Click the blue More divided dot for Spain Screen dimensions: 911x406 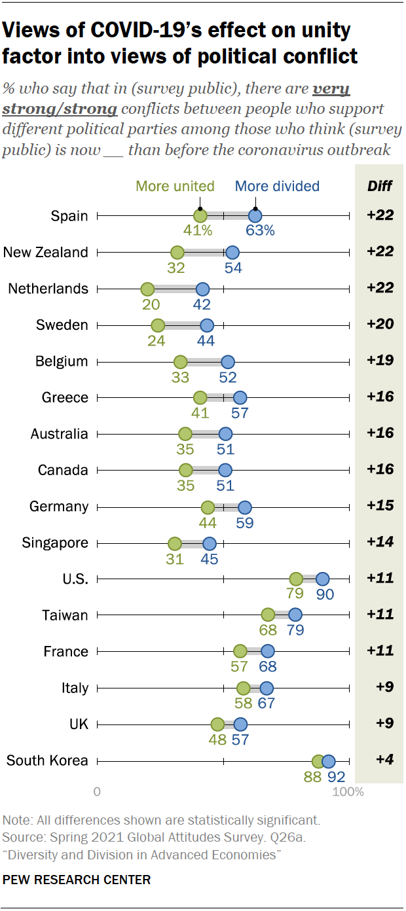[255, 216]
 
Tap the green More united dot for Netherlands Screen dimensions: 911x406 [147, 289]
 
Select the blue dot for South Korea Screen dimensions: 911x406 [329, 761]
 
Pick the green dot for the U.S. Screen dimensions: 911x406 [296, 579]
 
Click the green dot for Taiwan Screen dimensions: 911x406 [268, 615]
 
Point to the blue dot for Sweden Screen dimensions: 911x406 [207, 325]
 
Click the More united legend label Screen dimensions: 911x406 [175, 187]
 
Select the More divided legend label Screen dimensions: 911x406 [277, 187]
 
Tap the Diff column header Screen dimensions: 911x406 [380, 187]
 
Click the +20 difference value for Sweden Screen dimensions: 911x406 [380, 325]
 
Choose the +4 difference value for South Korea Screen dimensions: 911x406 [382, 760]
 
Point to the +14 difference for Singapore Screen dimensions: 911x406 [380, 543]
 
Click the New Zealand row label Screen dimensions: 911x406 [46, 253]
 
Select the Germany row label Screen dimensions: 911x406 [59, 507]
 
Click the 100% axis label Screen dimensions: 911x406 [348, 793]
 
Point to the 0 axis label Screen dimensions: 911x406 [98, 793]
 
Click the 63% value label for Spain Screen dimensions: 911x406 [260, 230]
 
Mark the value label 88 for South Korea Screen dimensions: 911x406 [312, 777]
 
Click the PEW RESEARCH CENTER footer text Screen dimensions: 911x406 [77, 880]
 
